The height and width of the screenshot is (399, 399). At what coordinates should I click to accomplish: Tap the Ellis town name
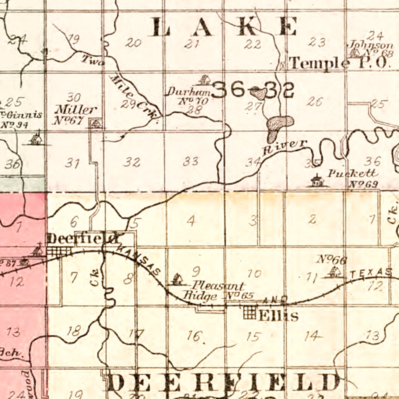click(278, 316)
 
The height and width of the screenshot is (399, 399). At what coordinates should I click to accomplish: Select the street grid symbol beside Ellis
click(250, 313)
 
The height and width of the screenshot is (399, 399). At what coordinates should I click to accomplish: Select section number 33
click(190, 161)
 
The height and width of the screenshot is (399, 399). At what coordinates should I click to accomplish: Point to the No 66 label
click(331, 259)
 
